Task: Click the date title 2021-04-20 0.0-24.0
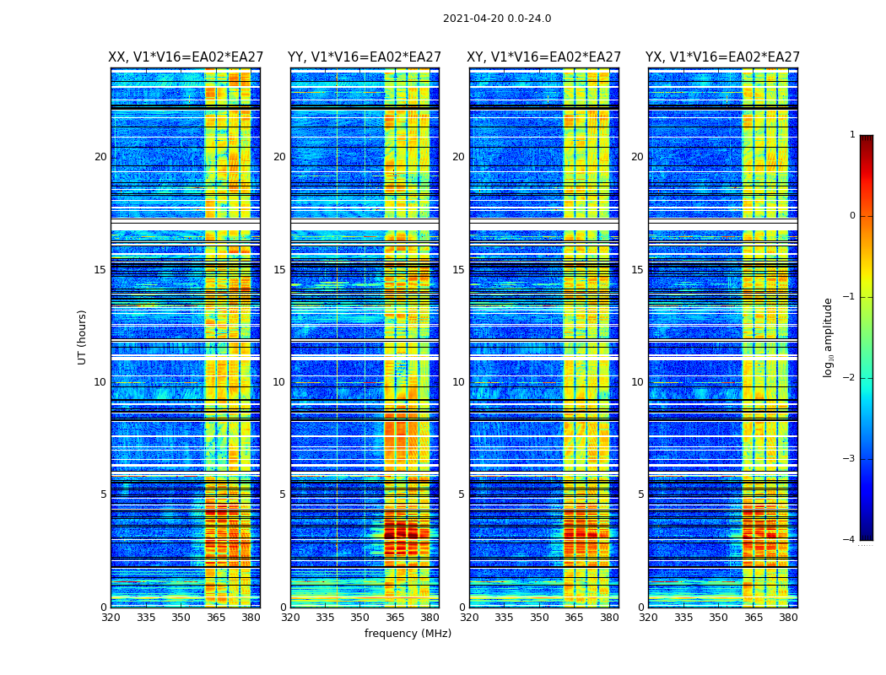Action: [497, 19]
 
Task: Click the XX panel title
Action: [186, 57]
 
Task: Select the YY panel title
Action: [365, 57]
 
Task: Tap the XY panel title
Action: [544, 57]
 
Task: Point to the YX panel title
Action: [722, 57]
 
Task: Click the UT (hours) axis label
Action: [83, 337]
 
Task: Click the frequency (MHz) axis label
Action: [408, 634]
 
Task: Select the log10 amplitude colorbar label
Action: [829, 337]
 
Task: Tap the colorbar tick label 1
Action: [852, 135]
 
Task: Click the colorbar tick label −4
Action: [850, 540]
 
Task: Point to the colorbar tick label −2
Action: [850, 378]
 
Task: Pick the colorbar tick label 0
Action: [852, 216]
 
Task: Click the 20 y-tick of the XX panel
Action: [100, 157]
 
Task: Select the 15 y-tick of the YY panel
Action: [279, 270]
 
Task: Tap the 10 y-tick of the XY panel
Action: [458, 382]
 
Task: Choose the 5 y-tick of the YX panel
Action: [640, 494]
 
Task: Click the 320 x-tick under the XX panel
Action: [111, 618]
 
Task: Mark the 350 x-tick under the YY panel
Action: [360, 618]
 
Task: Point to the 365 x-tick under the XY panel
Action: [575, 618]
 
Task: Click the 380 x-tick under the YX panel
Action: [788, 618]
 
